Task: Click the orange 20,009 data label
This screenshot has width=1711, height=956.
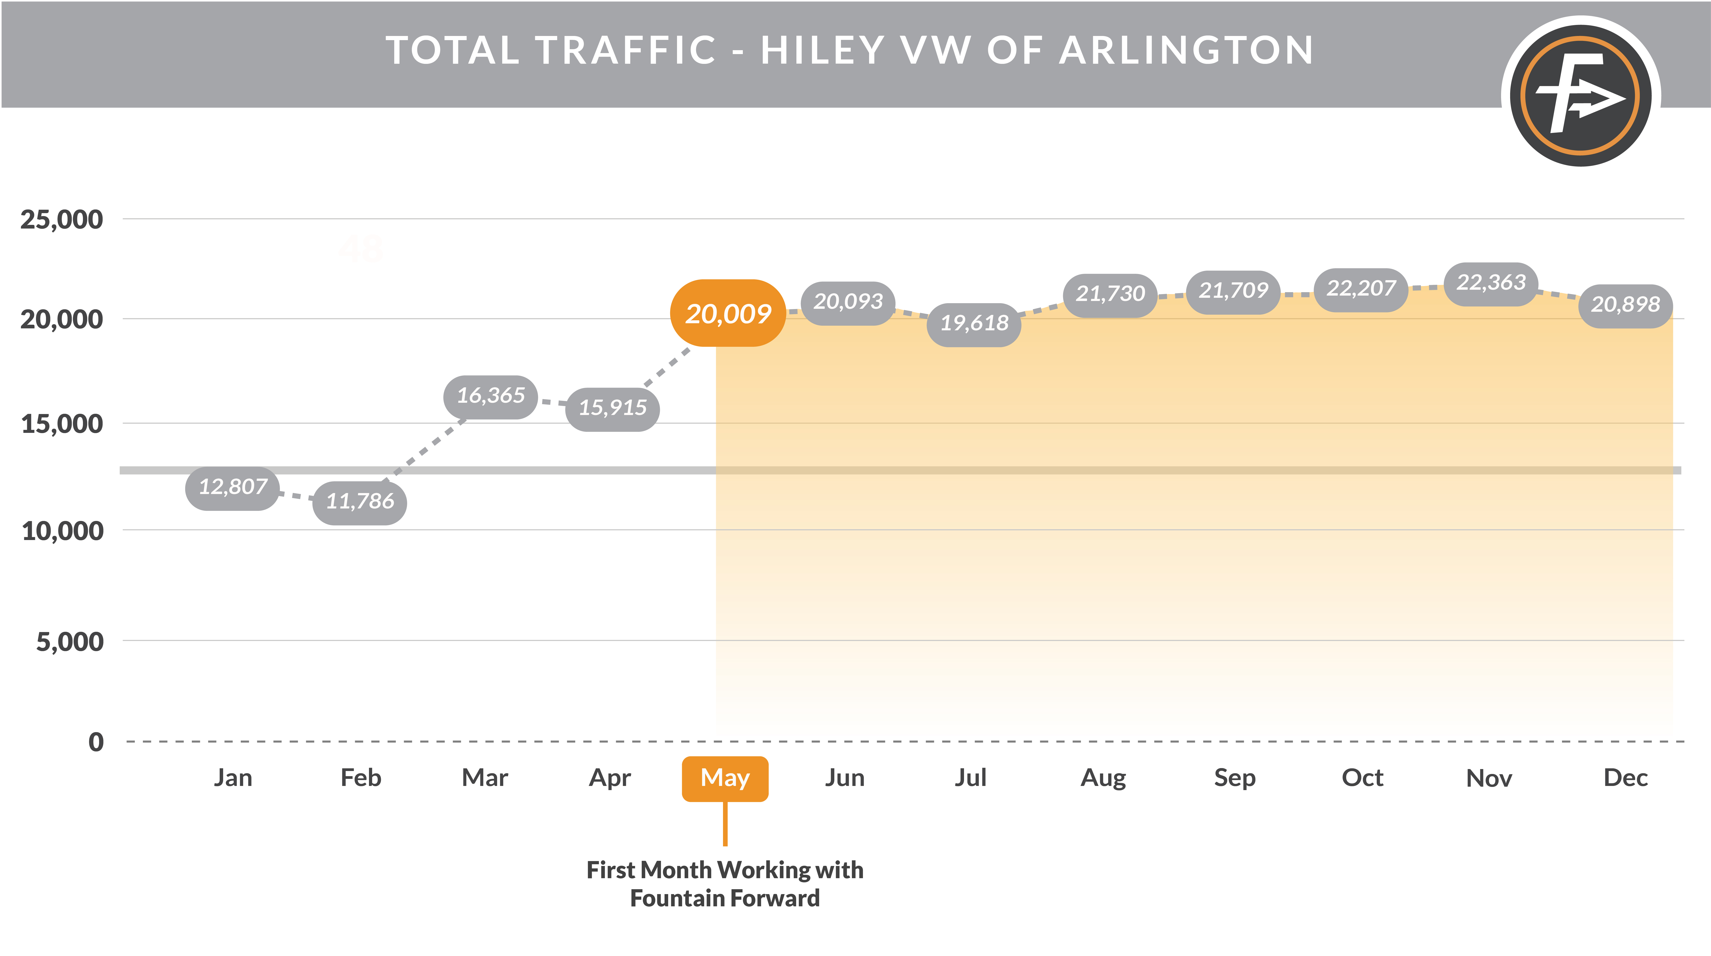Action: click(728, 313)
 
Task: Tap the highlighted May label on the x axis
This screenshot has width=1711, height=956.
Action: click(725, 778)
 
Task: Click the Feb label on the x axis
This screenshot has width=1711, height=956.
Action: click(361, 778)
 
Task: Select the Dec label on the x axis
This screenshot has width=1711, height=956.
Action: click(1625, 778)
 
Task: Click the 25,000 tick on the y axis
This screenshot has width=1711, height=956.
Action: click(62, 220)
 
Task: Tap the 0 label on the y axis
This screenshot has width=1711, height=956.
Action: click(96, 742)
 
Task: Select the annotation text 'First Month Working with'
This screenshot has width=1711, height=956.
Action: click(725, 870)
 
